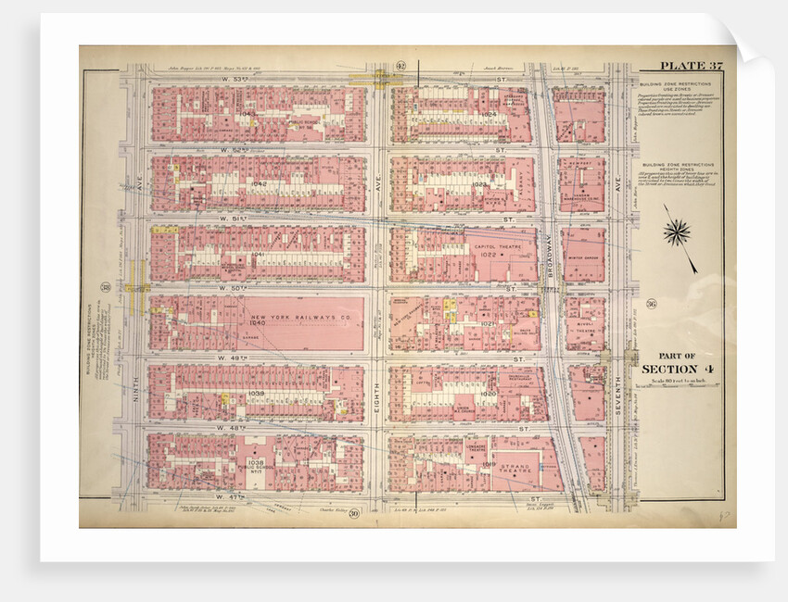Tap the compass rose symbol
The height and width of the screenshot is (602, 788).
tap(677, 232)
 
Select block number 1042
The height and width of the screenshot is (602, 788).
tap(259, 183)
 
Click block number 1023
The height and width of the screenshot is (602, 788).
tap(479, 184)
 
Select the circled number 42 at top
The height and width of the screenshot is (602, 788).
tap(400, 65)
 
